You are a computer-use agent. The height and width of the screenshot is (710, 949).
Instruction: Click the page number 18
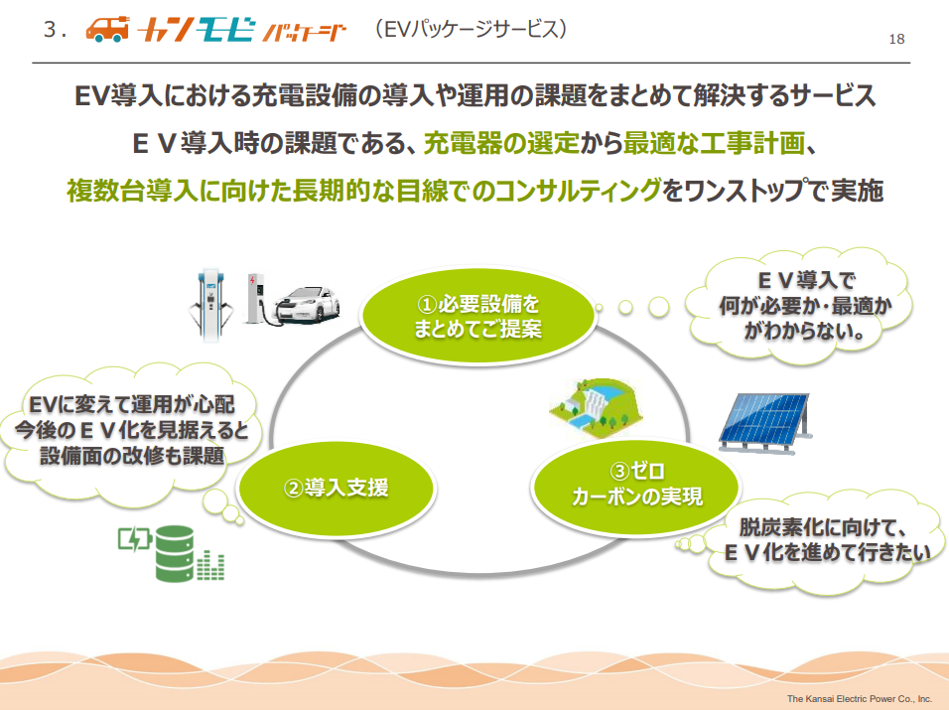pyautogui.click(x=896, y=40)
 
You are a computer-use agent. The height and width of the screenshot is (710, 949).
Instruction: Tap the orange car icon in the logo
pyautogui.click(x=108, y=29)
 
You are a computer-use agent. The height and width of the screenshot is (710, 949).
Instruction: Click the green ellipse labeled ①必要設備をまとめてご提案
pyautogui.click(x=477, y=316)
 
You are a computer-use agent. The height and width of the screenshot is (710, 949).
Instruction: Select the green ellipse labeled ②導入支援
pyautogui.click(x=337, y=488)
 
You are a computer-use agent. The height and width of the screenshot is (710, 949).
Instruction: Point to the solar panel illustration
pyautogui.click(x=765, y=423)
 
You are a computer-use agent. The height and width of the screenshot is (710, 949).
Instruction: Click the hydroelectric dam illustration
pyautogui.click(x=596, y=407)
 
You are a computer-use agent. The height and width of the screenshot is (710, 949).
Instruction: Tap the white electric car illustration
pyautogui.click(x=307, y=306)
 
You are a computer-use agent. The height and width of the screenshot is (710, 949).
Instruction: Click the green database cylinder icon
pyautogui.click(x=175, y=553)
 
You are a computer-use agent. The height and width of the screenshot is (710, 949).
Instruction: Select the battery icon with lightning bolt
pyautogui.click(x=134, y=539)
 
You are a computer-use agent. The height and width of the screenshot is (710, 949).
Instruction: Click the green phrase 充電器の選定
pyautogui.click(x=501, y=144)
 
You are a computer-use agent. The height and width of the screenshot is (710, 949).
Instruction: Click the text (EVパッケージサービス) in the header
pyautogui.click(x=471, y=29)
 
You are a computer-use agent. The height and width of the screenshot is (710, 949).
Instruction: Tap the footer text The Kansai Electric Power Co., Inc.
pyautogui.click(x=860, y=698)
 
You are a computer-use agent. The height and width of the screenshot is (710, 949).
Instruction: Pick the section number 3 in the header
pyautogui.click(x=50, y=30)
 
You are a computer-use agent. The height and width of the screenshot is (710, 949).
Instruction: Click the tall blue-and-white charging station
pyautogui.click(x=210, y=304)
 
